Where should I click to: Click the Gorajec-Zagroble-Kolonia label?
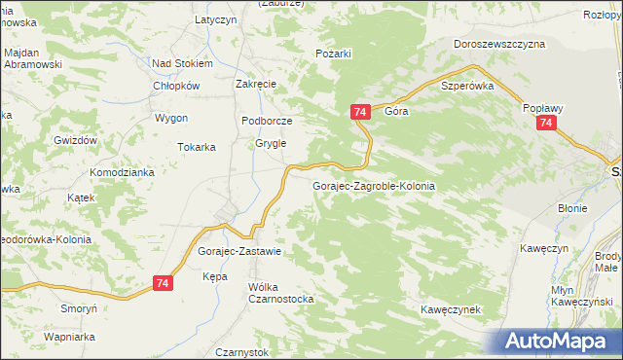[373, 185]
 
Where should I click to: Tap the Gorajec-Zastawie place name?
[239, 251]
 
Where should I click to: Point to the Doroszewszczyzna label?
[499, 44]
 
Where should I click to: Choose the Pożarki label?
[333, 54]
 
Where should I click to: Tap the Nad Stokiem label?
[182, 63]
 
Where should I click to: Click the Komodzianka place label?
[123, 172]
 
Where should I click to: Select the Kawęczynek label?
[452, 309]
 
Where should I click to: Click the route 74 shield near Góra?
[360, 113]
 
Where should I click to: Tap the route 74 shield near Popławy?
[546, 124]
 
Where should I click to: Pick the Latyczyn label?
[216, 19]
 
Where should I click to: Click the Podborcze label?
[267, 121]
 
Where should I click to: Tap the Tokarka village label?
[196, 148]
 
